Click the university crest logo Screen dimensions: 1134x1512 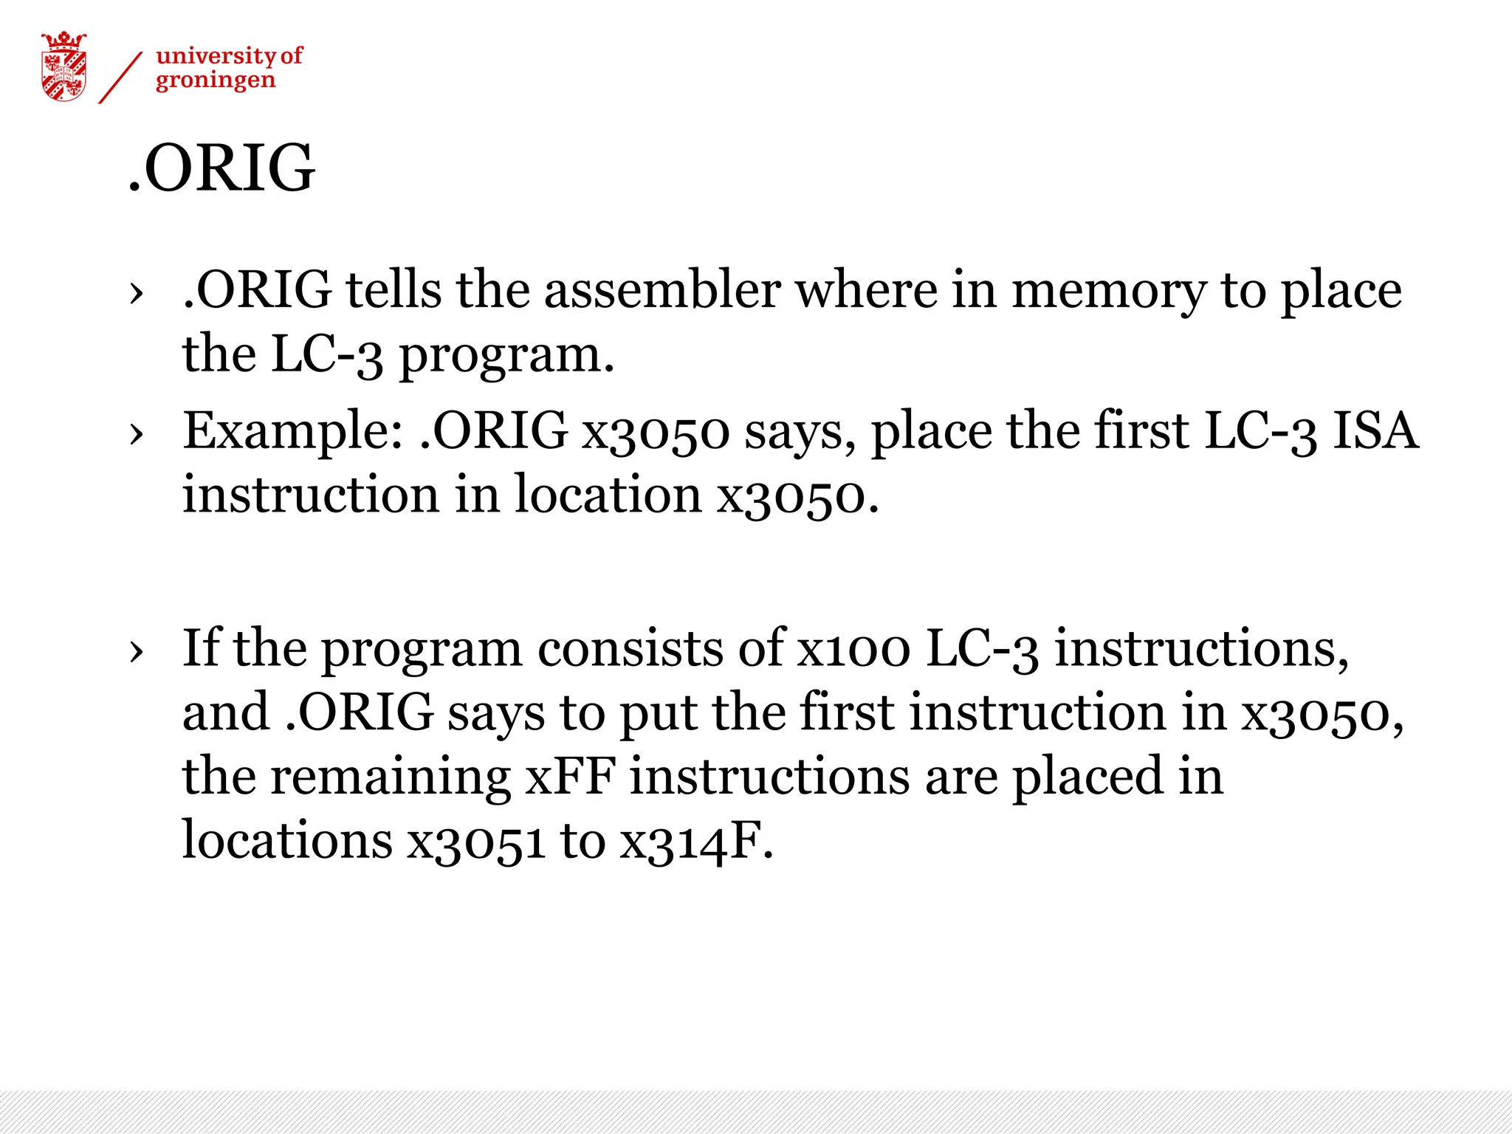[63, 66]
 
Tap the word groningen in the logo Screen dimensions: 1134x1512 [215, 80]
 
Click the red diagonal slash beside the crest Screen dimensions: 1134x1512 [120, 78]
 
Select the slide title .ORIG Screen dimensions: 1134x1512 [221, 168]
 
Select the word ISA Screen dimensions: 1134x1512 [1375, 430]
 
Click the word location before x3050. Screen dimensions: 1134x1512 [608, 494]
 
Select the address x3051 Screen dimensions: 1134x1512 [476, 841]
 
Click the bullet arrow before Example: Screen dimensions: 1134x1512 [136, 434]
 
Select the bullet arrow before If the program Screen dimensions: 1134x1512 [136, 651]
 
